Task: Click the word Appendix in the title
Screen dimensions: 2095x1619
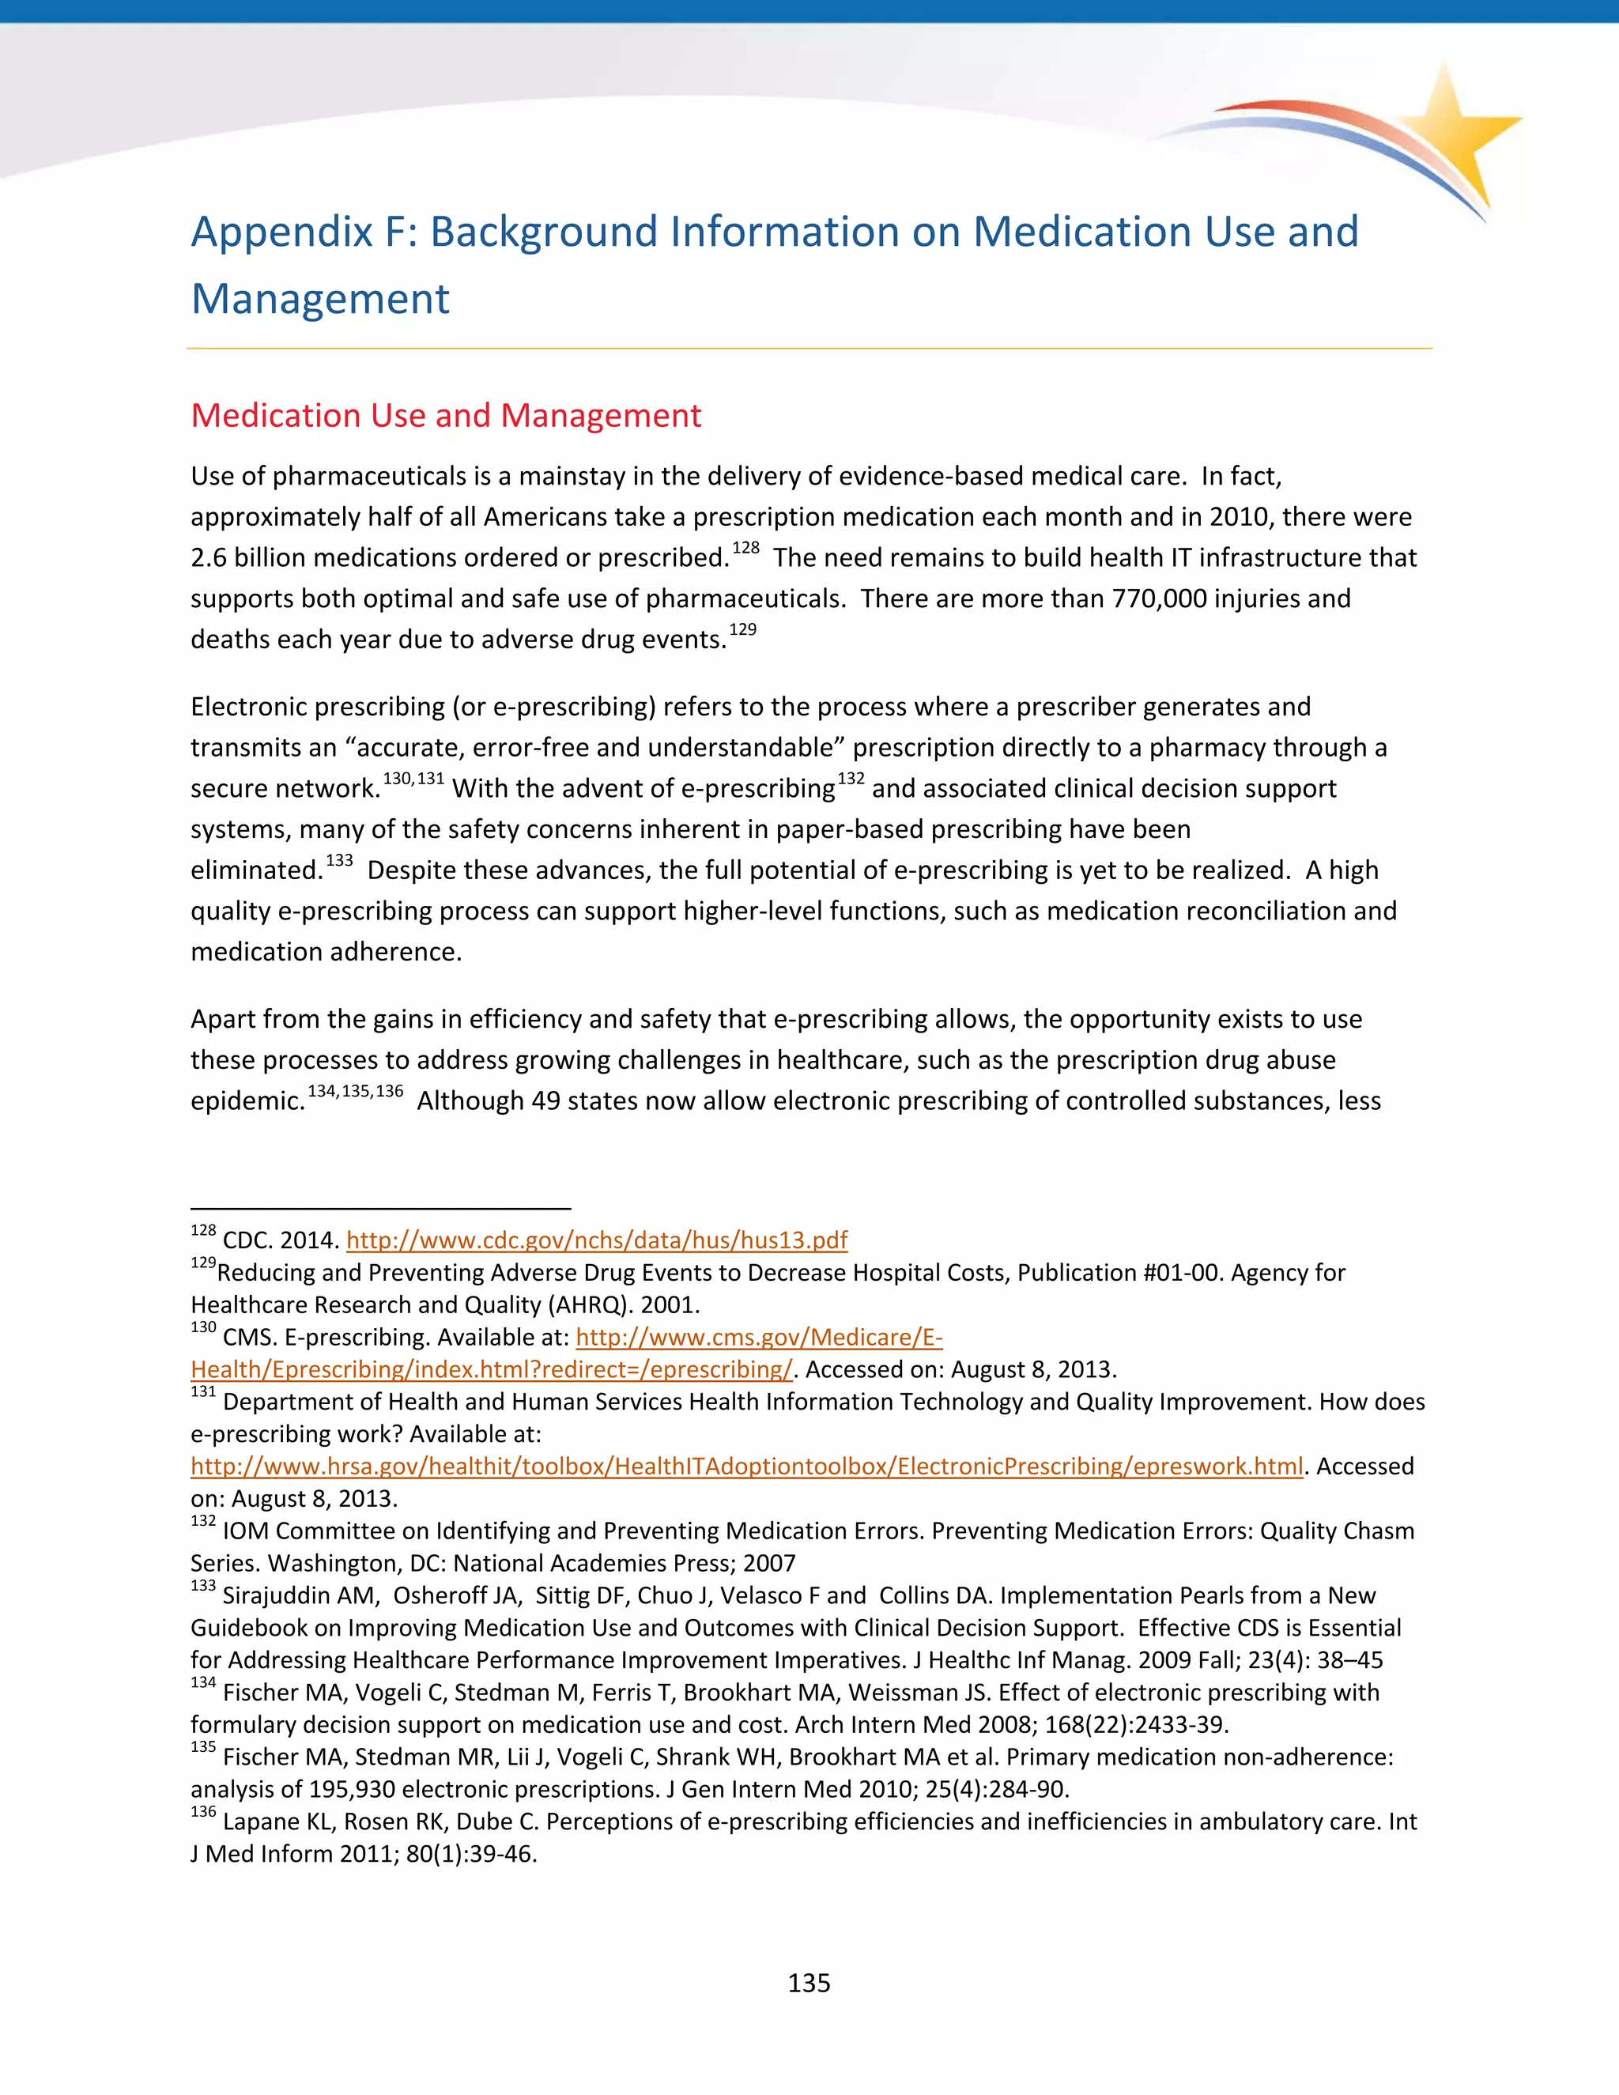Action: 281,232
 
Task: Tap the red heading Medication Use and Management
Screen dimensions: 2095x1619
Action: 446,415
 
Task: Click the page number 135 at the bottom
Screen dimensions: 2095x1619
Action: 809,1983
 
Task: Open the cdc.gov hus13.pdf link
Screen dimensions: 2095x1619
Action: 597,1240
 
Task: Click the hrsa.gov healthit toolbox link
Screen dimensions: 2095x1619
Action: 746,1466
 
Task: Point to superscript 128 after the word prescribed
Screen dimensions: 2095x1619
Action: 745,548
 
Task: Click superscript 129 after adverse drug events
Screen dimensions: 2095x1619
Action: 742,629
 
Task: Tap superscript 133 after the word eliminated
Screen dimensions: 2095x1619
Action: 339,860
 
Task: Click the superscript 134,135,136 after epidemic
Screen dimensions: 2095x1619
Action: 355,1091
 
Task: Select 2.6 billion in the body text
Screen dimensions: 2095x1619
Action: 248,558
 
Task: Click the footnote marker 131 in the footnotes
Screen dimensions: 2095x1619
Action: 202,1392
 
